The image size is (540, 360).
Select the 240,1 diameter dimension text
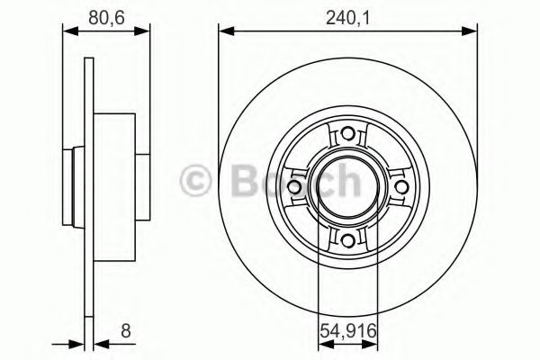(347, 14)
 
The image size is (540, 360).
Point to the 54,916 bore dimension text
(347, 332)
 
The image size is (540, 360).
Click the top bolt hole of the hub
(347, 136)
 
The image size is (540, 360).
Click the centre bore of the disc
(347, 186)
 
